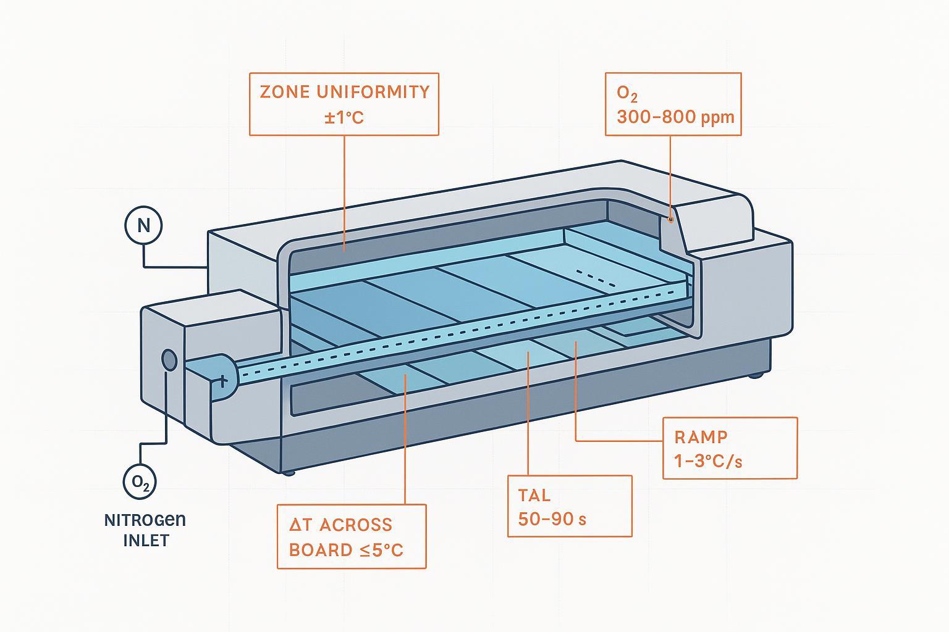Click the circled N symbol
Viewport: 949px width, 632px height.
point(143,225)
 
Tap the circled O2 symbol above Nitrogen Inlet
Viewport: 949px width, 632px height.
point(140,481)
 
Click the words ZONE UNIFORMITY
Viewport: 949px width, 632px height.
point(344,92)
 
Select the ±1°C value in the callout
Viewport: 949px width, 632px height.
point(344,117)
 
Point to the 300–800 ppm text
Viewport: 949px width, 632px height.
point(675,117)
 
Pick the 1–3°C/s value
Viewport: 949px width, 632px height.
point(708,461)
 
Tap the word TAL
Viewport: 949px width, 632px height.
point(534,496)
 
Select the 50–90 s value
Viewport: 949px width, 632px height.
point(552,519)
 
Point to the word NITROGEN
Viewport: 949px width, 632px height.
point(145,520)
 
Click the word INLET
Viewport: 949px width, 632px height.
point(146,541)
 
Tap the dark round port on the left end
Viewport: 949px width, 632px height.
point(169,360)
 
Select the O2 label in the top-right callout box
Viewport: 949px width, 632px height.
point(626,94)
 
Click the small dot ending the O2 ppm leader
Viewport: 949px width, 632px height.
point(670,218)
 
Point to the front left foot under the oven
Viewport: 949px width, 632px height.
point(289,473)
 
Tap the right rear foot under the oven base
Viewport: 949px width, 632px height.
point(754,375)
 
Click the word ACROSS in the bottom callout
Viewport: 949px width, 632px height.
point(356,525)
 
